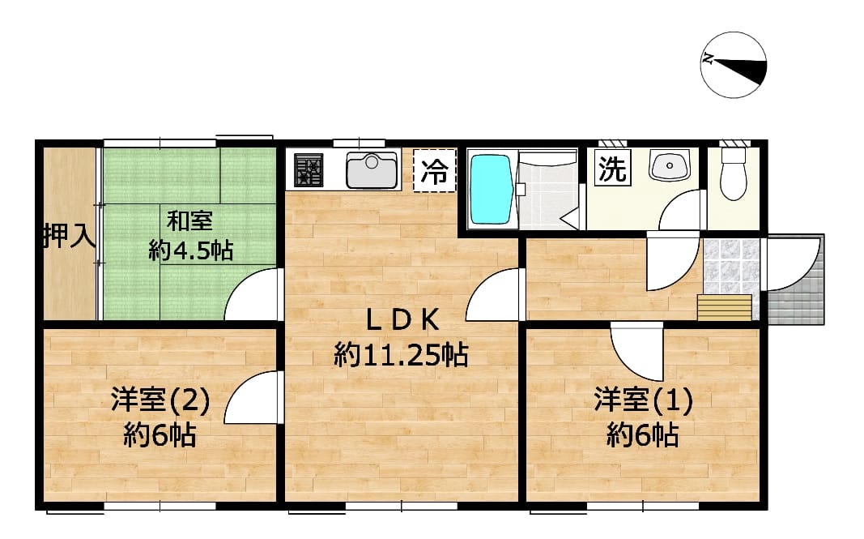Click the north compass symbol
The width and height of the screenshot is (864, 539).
point(733,65)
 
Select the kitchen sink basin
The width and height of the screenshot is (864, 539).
point(372,169)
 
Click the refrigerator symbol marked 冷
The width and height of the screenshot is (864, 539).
point(435,171)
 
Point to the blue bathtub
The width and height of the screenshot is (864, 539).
point(491,190)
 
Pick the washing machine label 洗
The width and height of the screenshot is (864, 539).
point(611,168)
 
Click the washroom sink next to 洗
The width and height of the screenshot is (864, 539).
point(670,167)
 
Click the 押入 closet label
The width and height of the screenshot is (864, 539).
point(69,237)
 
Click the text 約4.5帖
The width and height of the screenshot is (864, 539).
point(190,250)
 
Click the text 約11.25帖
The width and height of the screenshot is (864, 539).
point(401,354)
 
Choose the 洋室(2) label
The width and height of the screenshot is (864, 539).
point(160,400)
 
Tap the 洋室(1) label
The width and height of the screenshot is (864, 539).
point(643,400)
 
